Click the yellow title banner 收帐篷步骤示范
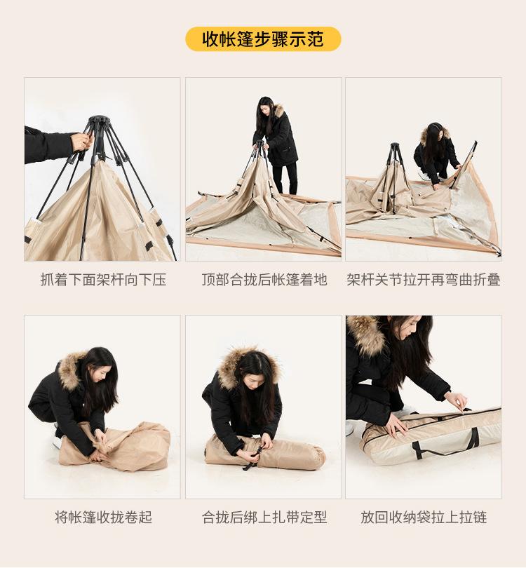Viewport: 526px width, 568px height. point(263,39)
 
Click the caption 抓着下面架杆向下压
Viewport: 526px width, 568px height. point(103,280)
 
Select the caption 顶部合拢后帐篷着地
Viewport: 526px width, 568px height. point(264,280)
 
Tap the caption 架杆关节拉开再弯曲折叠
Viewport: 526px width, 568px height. point(424,280)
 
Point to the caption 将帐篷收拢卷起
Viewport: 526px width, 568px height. point(103,518)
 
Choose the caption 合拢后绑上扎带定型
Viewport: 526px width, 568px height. point(264,518)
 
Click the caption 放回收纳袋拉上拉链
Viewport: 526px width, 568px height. point(424,518)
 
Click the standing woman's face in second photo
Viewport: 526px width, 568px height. point(267,109)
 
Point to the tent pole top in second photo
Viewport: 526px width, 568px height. point(261,144)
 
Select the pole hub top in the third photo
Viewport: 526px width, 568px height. point(395,147)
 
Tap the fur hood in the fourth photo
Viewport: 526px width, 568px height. point(70,370)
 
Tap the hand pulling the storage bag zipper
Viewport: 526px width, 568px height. point(456,402)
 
